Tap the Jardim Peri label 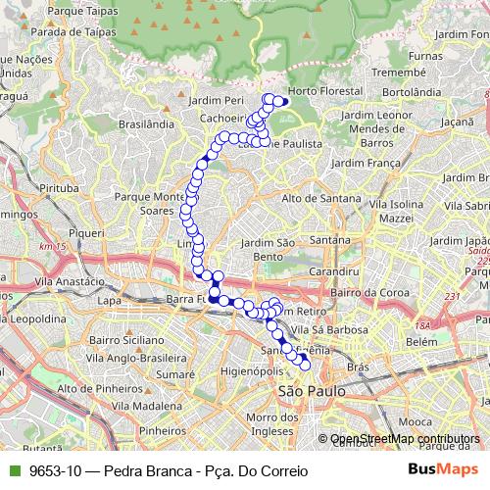(x=220, y=100)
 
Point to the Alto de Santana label (x=321, y=198)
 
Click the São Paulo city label (x=313, y=390)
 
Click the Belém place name (x=421, y=341)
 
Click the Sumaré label (x=175, y=374)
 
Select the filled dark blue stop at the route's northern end (x=285, y=101)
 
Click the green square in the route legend (x=12, y=471)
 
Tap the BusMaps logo (x=438, y=470)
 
